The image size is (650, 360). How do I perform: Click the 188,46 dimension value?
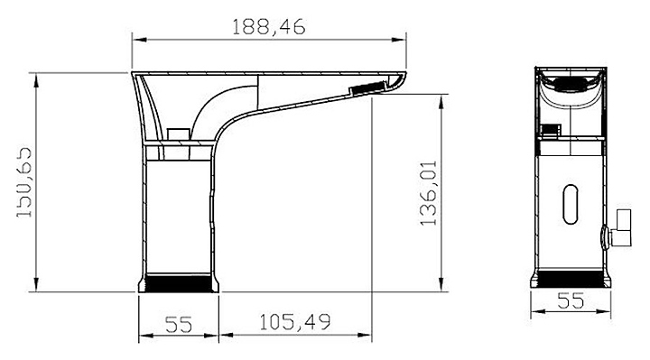coord(268,26)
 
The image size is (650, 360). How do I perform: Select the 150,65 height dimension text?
coord(24,182)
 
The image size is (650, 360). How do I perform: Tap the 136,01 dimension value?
coord(428,193)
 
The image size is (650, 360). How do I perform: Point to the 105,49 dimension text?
coord(295,322)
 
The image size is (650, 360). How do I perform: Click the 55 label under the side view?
coord(179,325)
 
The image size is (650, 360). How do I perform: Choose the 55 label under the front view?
coord(571,300)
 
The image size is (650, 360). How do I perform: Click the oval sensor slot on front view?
coord(571,204)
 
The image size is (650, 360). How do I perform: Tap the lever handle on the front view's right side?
coord(617,228)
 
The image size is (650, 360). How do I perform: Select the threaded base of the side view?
coord(178,282)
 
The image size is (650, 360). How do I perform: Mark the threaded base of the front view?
coord(571,278)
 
